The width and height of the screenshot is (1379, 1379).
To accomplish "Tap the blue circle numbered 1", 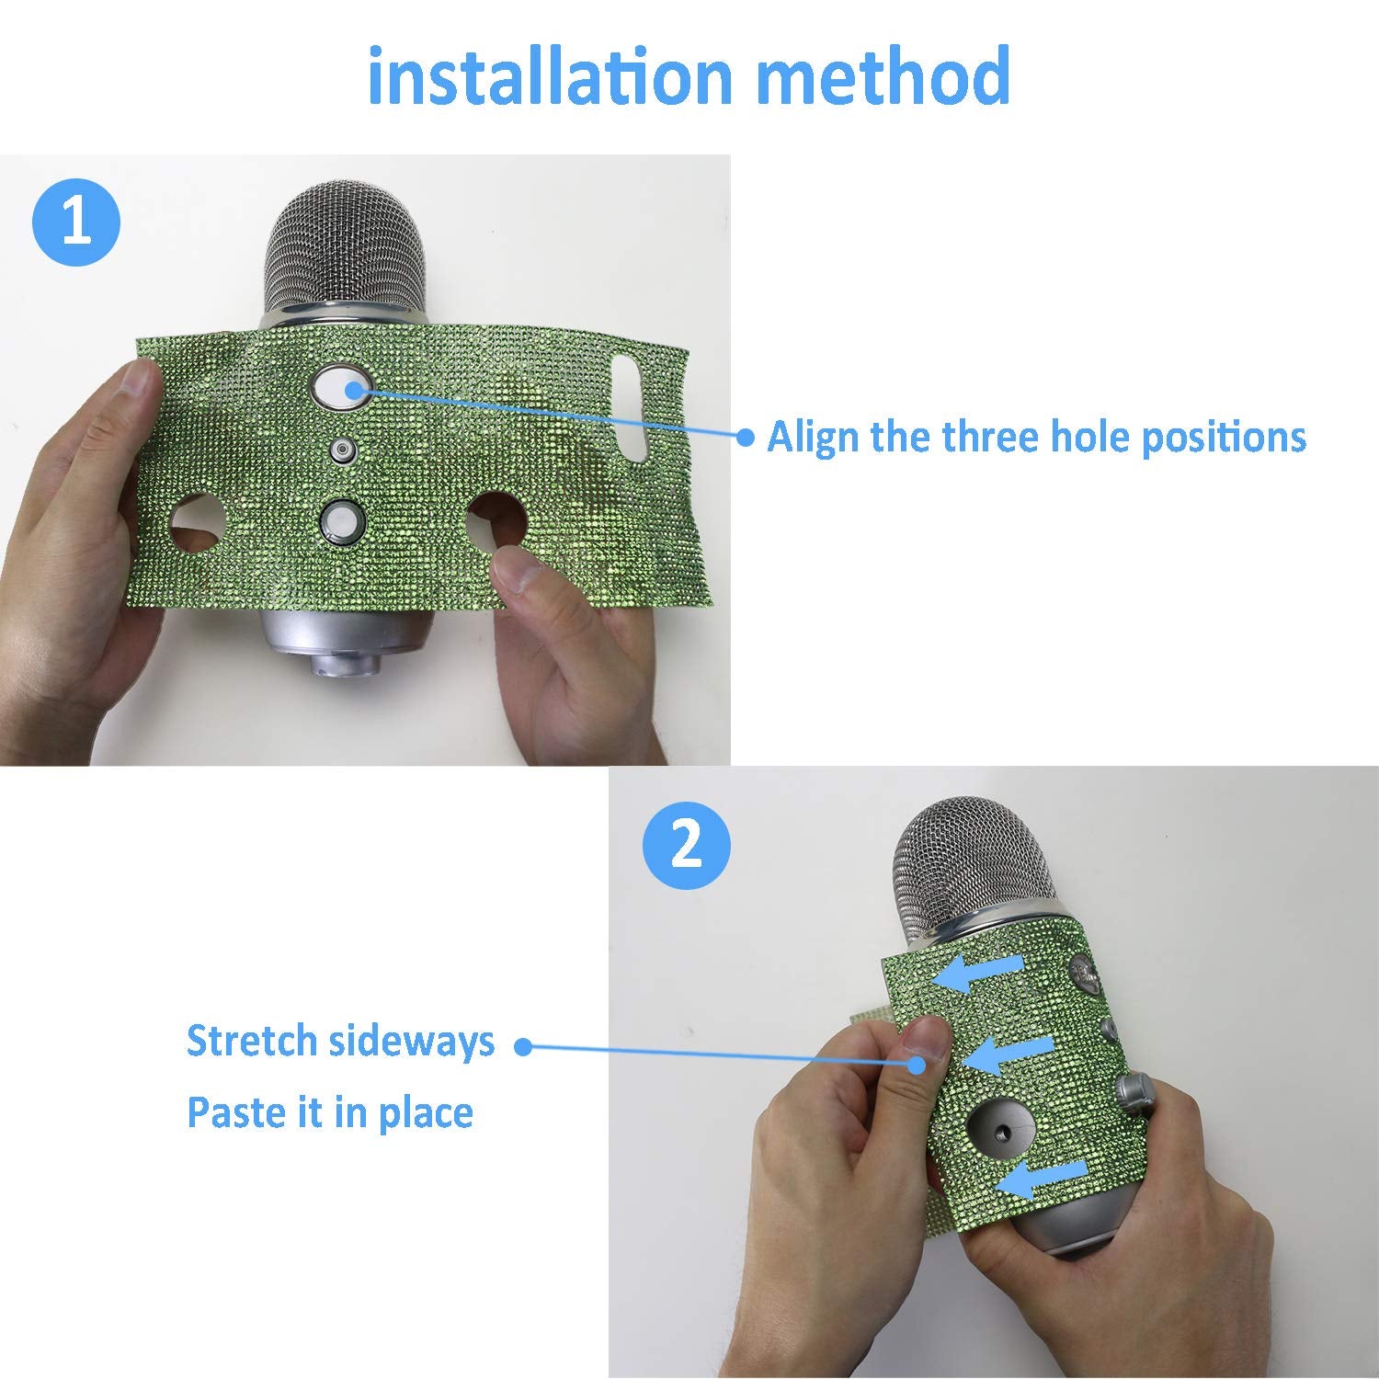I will [76, 222].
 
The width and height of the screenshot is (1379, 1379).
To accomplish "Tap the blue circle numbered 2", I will [686, 844].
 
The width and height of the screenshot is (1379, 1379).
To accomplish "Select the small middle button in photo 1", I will [343, 450].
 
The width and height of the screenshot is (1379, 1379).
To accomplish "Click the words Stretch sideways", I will [340, 1041].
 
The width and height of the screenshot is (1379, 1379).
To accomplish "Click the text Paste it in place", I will [330, 1112].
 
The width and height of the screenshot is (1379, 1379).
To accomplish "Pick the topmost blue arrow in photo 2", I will [976, 973].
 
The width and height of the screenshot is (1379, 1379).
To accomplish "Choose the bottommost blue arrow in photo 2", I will [1043, 1178].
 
